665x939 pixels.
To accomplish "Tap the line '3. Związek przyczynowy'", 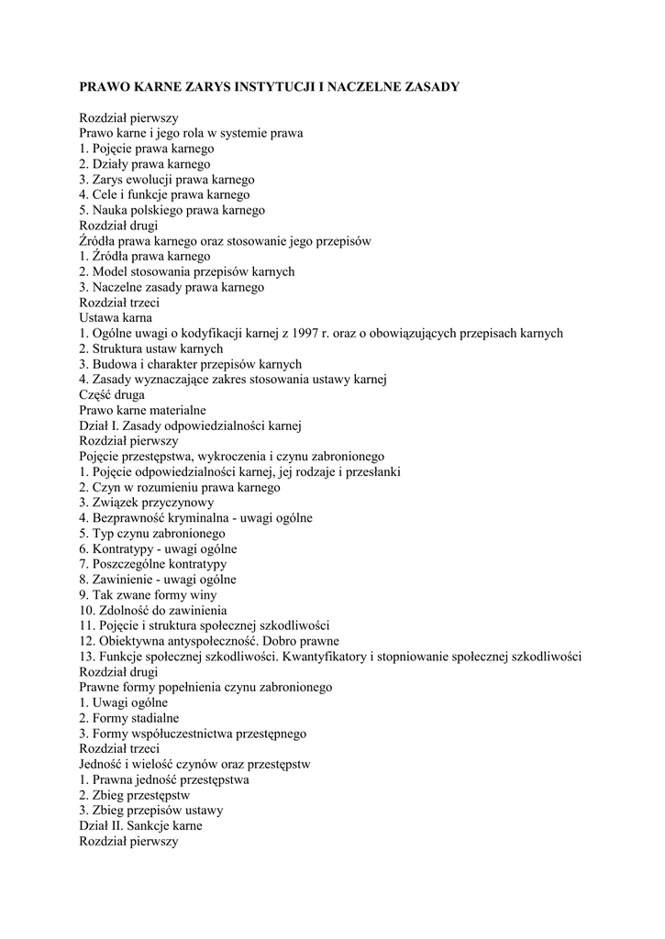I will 147,503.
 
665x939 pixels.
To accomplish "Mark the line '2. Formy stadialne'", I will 129,718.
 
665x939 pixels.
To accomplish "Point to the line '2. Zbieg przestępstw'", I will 134,795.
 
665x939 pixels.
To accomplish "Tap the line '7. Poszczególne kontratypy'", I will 152,564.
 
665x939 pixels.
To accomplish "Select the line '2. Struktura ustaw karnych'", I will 151,348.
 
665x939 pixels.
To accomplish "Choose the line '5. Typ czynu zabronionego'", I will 152,534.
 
